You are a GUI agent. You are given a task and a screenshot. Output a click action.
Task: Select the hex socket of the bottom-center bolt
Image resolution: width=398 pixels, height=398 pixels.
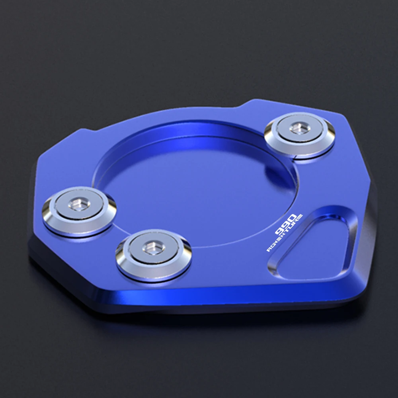154,248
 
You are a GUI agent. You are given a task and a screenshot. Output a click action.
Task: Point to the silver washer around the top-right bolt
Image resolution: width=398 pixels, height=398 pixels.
300,135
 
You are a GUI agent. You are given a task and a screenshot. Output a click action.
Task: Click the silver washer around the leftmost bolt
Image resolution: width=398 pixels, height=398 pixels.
79,211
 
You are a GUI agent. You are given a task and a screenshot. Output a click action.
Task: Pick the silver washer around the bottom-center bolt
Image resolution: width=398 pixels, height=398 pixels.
154,255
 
